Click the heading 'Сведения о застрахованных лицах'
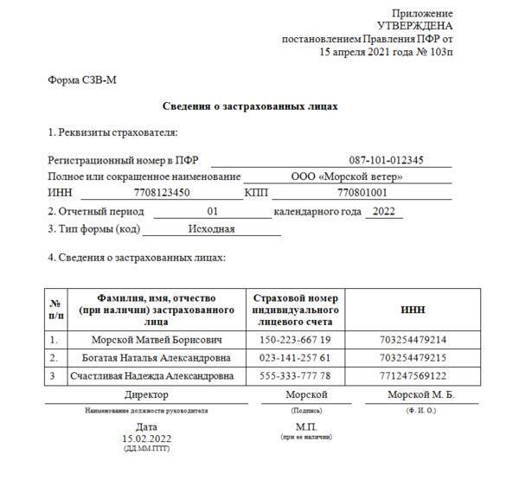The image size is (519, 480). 250,106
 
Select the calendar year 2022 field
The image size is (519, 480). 383,212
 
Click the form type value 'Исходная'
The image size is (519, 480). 211,229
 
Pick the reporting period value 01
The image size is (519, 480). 214,212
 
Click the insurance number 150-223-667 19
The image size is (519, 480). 294,340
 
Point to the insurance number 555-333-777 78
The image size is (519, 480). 294,376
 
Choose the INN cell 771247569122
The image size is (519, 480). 413,376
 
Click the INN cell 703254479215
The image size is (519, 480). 413,358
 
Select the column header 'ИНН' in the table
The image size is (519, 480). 413,310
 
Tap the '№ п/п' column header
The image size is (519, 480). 55,310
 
